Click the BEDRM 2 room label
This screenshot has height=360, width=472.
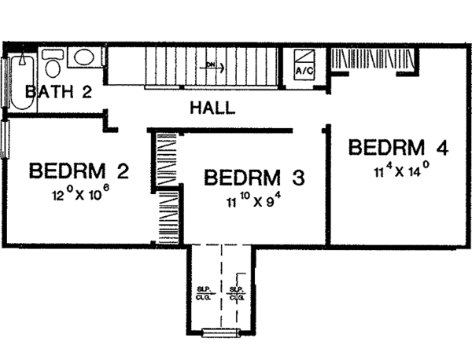79,171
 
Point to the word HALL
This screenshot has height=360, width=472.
212,108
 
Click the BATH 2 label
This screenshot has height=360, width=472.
59,92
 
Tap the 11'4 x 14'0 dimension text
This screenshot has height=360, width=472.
401,167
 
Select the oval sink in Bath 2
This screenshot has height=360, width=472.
82,58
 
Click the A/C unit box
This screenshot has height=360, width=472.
304,64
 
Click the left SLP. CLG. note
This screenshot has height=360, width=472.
201,296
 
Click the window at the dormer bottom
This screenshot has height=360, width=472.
219,332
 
